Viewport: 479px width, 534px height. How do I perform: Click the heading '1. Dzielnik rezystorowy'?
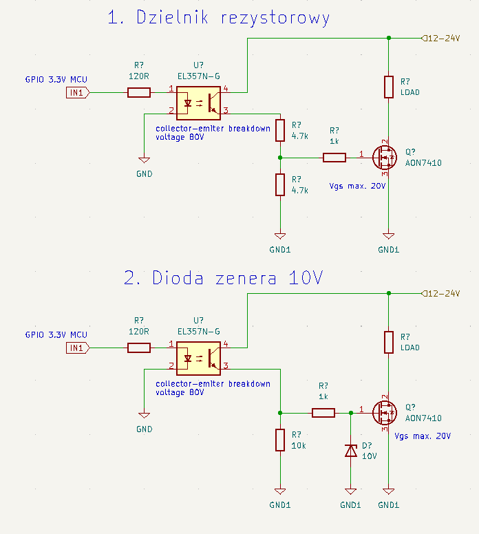pyautogui.click(x=218, y=18)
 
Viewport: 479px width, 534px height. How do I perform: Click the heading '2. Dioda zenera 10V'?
pyautogui.click(x=223, y=278)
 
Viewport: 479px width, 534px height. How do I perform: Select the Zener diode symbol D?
pyautogui.click(x=350, y=451)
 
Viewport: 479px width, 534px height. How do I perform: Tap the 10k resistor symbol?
pyautogui.click(x=280, y=440)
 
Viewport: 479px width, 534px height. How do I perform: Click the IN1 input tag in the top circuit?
pyautogui.click(x=78, y=93)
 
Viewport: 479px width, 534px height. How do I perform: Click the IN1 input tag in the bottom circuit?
pyautogui.click(x=78, y=348)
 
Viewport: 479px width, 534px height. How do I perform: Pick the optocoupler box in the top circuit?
pyautogui.click(x=198, y=103)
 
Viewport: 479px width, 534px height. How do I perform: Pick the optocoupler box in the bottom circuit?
pyautogui.click(x=198, y=359)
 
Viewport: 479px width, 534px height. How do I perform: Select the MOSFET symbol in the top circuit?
pyautogui.click(x=385, y=158)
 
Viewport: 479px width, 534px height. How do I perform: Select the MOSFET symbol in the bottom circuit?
pyautogui.click(x=385, y=413)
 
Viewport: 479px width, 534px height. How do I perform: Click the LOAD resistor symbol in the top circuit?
pyautogui.click(x=389, y=87)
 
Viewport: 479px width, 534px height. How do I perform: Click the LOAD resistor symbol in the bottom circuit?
pyautogui.click(x=389, y=342)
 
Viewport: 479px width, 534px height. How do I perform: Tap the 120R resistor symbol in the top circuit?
pyautogui.click(x=139, y=93)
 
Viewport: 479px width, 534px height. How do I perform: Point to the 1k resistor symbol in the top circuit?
pyautogui.click(x=334, y=158)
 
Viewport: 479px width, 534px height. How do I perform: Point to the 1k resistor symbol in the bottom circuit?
pyautogui.click(x=323, y=413)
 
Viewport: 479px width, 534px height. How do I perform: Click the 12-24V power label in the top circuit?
pyautogui.click(x=441, y=38)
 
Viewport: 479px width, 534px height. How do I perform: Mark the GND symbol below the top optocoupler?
pyautogui.click(x=144, y=160)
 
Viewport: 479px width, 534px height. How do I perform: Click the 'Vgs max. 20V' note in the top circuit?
pyautogui.click(x=357, y=186)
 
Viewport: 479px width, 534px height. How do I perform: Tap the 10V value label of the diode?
pyautogui.click(x=370, y=456)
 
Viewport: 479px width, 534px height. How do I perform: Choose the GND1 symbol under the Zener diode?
pyautogui.click(x=350, y=491)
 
